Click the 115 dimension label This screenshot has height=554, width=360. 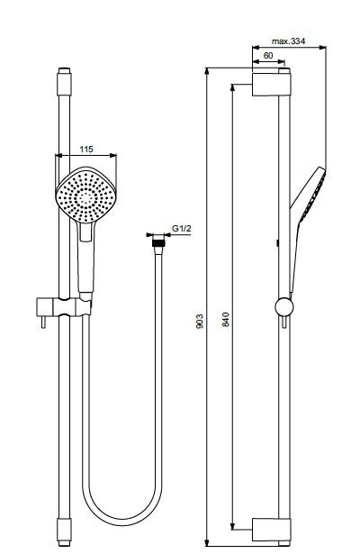tap(86, 150)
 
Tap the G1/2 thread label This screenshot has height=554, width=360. tap(182, 228)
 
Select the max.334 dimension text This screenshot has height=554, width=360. tap(288, 41)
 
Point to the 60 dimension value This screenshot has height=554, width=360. tap(268, 56)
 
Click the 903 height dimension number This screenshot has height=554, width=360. tap(200, 322)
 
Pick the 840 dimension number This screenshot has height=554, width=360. tap(226, 320)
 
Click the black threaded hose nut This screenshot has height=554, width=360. tap(158, 242)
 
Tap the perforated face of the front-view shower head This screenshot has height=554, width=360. tap(85, 195)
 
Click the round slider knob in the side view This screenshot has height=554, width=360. tap(284, 306)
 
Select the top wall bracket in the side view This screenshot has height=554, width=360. tap(272, 85)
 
